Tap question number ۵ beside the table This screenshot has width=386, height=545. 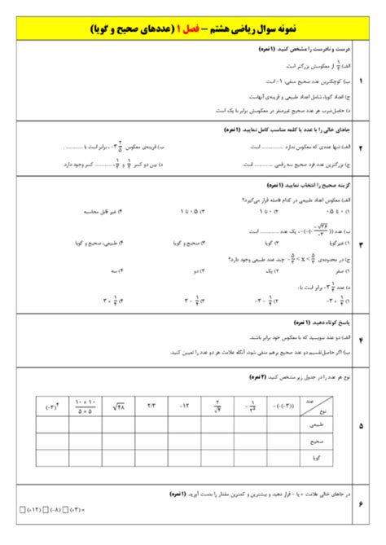click(361, 425)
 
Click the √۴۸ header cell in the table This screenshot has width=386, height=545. click(119, 403)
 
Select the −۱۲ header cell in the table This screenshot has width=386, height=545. click(184, 403)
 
